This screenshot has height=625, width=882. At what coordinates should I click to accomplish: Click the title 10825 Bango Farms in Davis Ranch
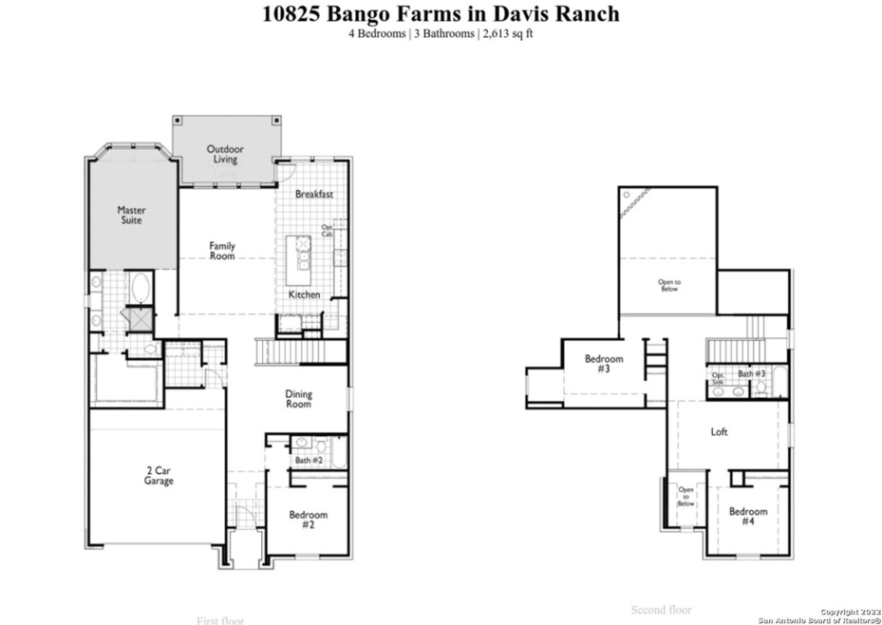(x=441, y=13)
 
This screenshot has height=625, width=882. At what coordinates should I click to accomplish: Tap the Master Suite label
(x=131, y=215)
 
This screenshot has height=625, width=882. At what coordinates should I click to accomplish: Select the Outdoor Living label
(x=225, y=154)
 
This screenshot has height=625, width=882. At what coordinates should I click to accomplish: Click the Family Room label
(x=222, y=251)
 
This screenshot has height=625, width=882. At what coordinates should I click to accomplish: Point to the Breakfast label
(x=313, y=195)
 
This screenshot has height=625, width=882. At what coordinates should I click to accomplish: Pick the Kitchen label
(x=305, y=295)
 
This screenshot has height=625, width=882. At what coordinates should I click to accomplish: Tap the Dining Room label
(x=299, y=399)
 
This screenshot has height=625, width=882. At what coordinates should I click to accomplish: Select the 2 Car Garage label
(x=159, y=476)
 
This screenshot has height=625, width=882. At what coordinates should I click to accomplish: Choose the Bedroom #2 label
(x=308, y=520)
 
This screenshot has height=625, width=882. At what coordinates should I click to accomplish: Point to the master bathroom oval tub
(x=140, y=287)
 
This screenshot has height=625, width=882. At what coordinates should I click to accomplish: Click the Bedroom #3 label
(x=603, y=365)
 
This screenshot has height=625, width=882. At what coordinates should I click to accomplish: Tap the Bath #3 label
(x=752, y=374)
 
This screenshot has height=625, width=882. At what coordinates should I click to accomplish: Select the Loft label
(x=720, y=432)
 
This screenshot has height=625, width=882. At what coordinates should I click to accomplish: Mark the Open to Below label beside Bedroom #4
(x=685, y=497)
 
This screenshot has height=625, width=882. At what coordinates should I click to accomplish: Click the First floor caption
(x=220, y=620)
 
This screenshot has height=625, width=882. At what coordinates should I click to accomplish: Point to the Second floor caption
(x=662, y=610)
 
